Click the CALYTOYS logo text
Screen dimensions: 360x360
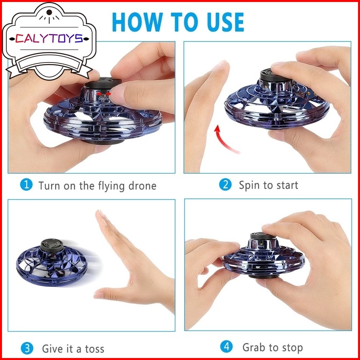tap(49, 39)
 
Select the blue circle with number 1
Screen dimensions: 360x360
tap(27, 185)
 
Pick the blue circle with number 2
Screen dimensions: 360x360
tap(225, 184)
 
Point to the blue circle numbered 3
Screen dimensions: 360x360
tap(27, 348)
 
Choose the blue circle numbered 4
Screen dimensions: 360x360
tap(226, 346)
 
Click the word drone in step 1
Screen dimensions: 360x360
tap(142, 186)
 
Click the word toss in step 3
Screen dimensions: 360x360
tap(95, 349)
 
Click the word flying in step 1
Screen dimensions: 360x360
tap(111, 186)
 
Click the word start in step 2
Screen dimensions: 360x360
tap(287, 185)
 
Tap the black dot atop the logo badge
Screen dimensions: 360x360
tap(49, 12)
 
